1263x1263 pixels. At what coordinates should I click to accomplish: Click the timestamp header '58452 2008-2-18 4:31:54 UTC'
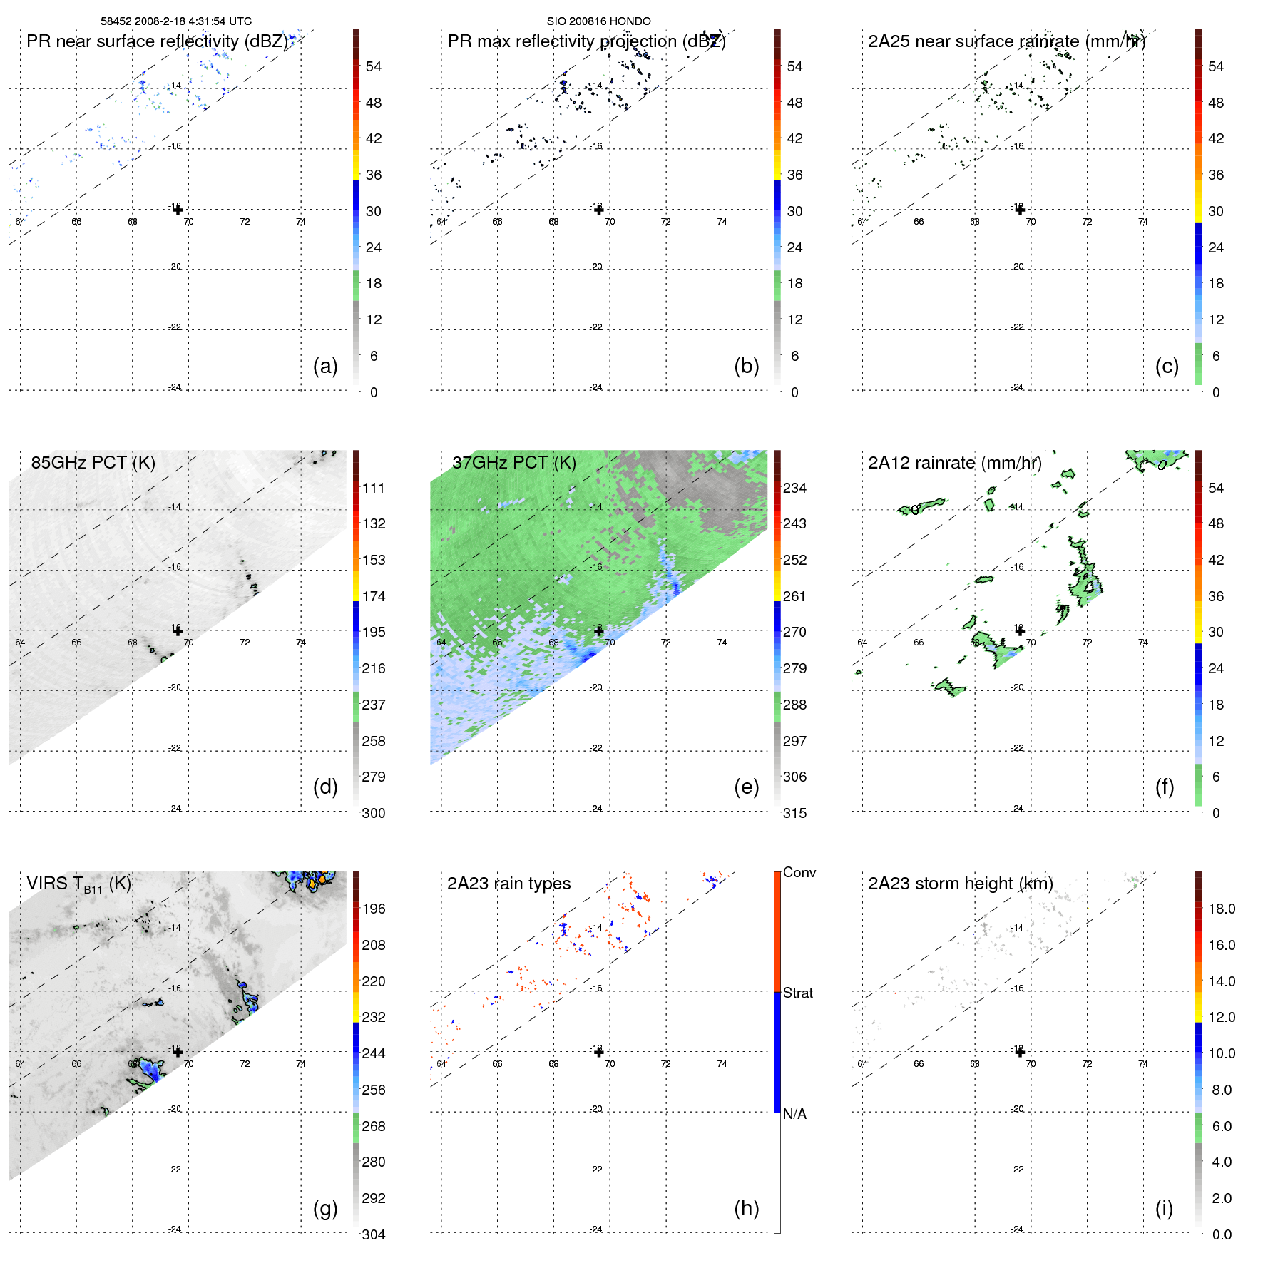176,21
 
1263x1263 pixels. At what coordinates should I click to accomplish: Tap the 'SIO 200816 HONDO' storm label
598,21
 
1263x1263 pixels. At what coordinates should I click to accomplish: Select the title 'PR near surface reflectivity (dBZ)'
157,41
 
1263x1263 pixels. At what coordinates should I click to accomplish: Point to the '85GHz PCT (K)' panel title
93,462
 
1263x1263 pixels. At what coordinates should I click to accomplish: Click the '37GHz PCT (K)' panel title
513,462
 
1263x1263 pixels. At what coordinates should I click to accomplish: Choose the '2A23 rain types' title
508,884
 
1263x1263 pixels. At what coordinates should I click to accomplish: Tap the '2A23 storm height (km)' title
961,884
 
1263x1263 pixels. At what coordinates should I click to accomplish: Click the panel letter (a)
325,366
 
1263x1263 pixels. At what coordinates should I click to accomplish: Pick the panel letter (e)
746,787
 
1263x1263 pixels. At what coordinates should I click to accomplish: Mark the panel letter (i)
1164,1208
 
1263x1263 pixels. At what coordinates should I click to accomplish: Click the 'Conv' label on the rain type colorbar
799,872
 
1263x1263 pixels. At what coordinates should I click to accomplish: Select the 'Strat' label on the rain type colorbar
798,993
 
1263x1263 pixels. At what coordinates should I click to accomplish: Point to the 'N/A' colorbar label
794,1114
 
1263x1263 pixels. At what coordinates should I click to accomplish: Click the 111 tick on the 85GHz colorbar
374,488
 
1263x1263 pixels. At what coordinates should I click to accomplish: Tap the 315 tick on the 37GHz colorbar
794,813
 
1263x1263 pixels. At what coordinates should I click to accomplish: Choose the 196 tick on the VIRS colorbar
374,909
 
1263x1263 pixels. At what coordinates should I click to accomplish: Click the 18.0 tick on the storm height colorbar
1222,909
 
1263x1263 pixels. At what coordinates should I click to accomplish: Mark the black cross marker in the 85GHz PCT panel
178,630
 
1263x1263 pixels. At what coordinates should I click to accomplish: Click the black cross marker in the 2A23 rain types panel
599,1052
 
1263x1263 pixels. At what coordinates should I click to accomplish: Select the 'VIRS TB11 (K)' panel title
78,884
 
